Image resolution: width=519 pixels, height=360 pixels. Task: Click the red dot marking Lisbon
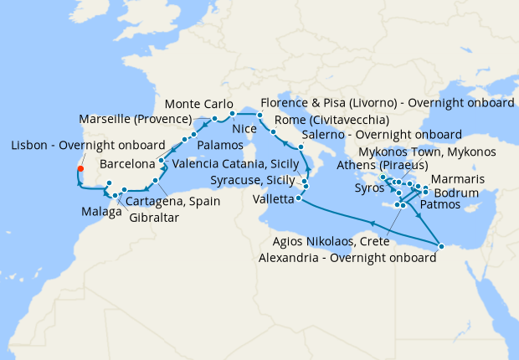(80, 169)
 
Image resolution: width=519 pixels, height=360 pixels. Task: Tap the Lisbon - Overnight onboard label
(88, 145)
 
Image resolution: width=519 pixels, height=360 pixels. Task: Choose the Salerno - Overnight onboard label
(381, 134)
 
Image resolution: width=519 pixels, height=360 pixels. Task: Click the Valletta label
(274, 199)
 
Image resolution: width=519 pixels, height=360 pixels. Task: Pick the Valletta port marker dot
(299, 198)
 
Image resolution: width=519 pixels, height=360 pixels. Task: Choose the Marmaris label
(457, 178)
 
